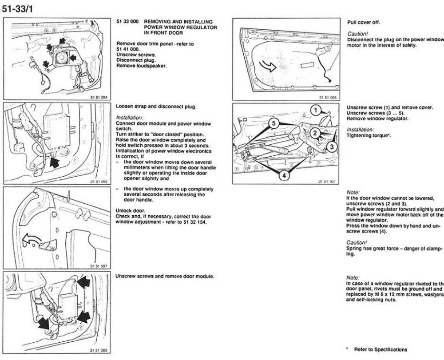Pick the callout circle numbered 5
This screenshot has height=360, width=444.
pyautogui.click(x=275, y=123)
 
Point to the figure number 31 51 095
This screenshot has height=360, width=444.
pyautogui.click(x=327, y=96)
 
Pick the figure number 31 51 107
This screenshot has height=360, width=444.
pyautogui.click(x=327, y=181)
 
